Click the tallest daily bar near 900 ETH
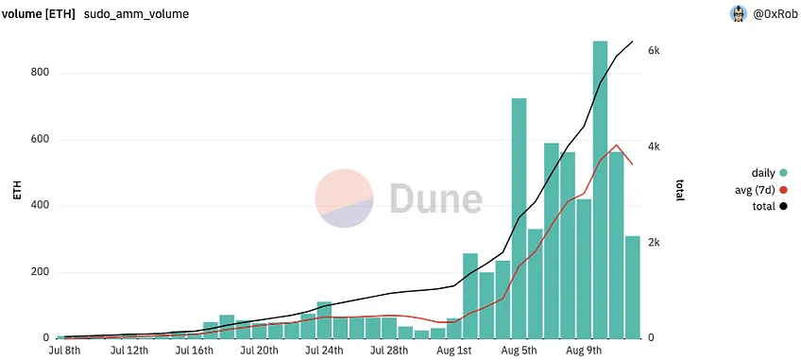point(600,190)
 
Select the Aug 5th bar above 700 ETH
point(519,218)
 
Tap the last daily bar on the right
point(633,287)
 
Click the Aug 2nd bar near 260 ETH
point(470,296)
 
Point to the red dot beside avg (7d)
point(783,190)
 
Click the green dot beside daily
point(783,173)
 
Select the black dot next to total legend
point(783,207)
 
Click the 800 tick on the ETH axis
point(41,73)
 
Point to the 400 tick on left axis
point(41,206)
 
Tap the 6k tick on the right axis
point(656,51)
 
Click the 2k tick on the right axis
point(656,243)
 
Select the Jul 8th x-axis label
point(65,351)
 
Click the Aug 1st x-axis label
point(454,351)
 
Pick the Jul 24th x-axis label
point(325,351)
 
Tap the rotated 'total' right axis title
point(680,190)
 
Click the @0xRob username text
point(775,15)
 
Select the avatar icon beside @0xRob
point(739,14)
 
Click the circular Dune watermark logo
point(344,197)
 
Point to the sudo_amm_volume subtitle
point(136,14)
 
